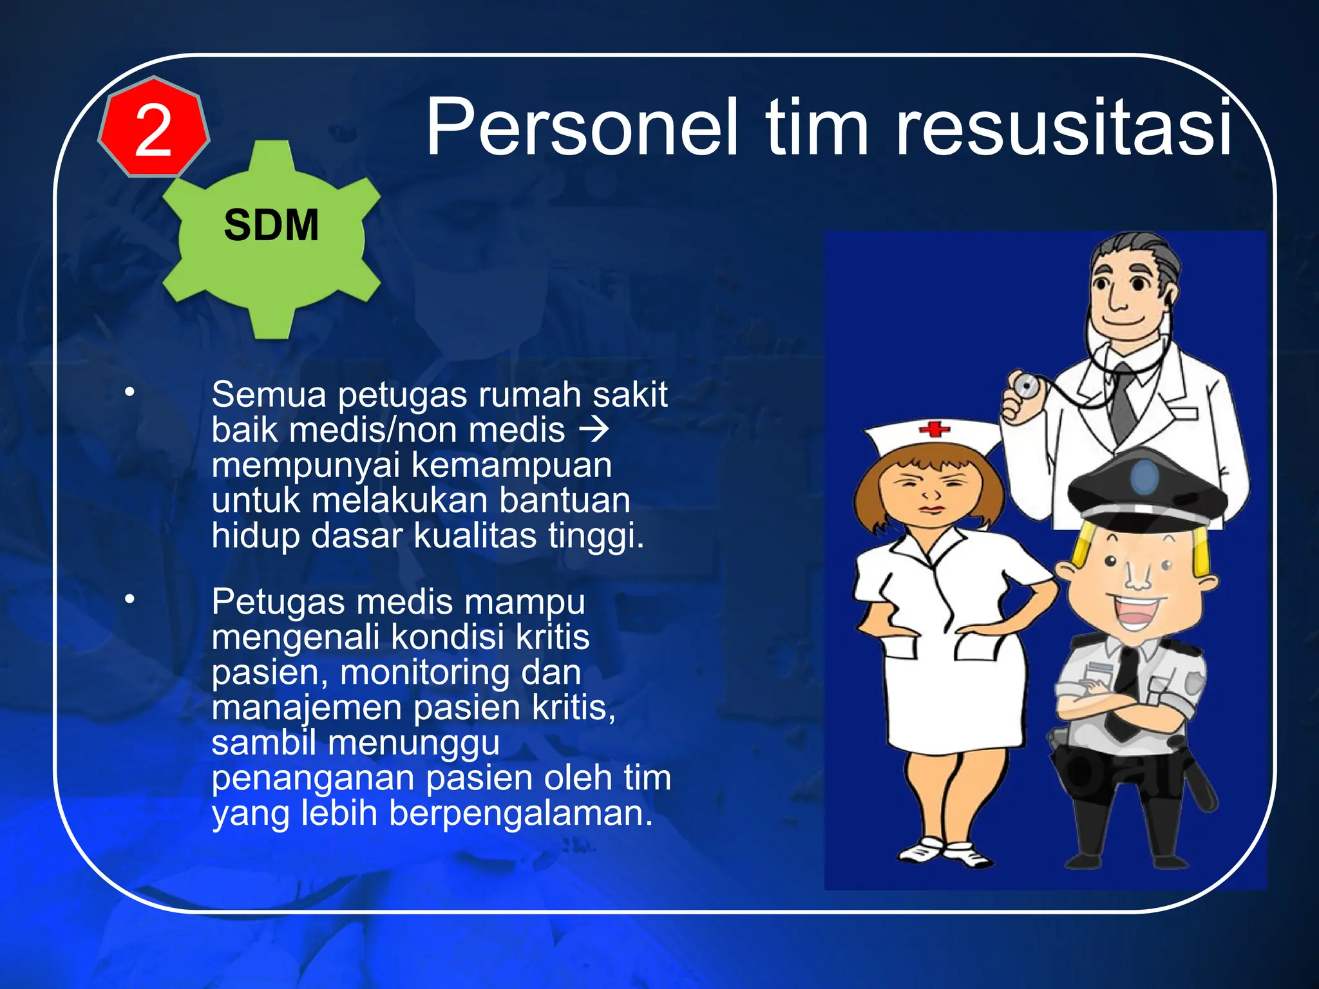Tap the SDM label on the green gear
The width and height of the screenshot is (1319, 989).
click(x=271, y=225)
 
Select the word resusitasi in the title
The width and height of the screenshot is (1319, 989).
click(x=1063, y=127)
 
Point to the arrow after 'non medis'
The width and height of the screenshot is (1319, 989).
click(x=594, y=429)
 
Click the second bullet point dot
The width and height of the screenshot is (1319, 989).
click(x=130, y=599)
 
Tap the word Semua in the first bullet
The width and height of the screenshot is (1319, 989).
click(x=269, y=395)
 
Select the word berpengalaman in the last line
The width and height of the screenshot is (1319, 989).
click(x=520, y=813)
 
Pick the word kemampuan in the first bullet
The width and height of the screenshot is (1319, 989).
click(x=511, y=465)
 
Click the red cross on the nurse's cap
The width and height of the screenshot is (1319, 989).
click(x=934, y=428)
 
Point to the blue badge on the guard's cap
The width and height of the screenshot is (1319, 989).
click(x=1144, y=477)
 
